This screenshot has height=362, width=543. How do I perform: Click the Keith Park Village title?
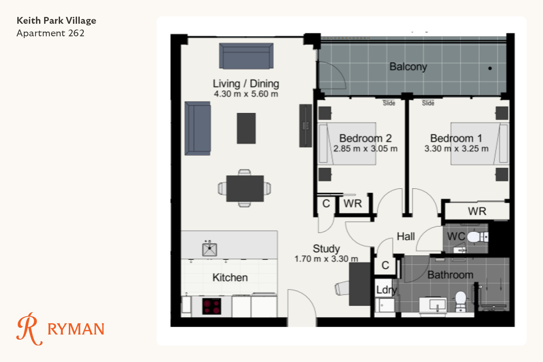click(56, 21)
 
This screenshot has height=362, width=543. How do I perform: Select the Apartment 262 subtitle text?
click(51, 33)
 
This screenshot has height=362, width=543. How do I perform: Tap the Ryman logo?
click(60, 329)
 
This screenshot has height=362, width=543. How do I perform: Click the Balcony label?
click(408, 67)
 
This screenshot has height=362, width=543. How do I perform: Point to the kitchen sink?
click(209, 249)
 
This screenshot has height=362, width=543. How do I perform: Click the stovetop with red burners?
click(212, 306)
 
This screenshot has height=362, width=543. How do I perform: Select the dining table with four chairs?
click(245, 188)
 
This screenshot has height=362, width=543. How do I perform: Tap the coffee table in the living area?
click(246, 129)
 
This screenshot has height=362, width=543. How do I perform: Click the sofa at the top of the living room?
click(246, 56)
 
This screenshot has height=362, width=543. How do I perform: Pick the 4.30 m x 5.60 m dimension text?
click(246, 94)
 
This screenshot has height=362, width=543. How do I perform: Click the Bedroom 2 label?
click(365, 138)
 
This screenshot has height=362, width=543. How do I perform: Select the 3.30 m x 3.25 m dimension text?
click(456, 149)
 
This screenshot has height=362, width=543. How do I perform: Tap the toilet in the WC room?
click(478, 237)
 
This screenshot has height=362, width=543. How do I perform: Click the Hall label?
click(406, 236)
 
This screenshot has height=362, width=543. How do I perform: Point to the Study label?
click(326, 249)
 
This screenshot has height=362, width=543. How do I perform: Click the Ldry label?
click(387, 290)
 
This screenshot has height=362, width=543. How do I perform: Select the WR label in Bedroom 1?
click(477, 211)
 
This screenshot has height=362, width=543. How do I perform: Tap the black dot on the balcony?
click(490, 68)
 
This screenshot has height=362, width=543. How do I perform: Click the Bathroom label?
click(450, 275)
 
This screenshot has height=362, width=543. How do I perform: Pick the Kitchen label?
click(230, 278)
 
